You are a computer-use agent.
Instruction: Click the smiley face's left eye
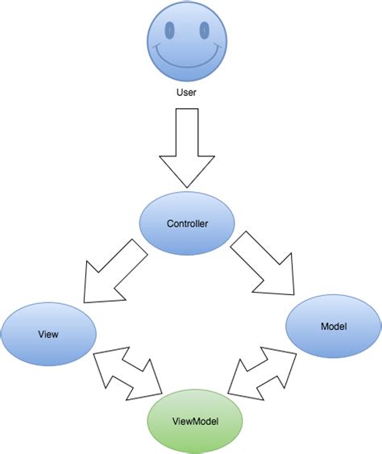point(170,31)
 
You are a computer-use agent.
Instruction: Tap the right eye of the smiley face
point(204,31)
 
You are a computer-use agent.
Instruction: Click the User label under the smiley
point(187,92)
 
